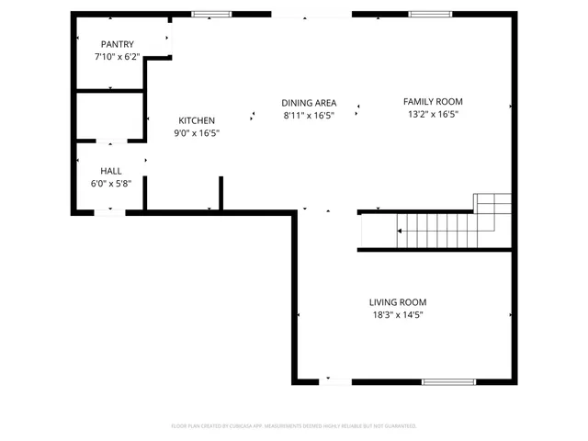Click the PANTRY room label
pyautogui.click(x=117, y=44)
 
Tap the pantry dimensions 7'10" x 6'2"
pyautogui.click(x=117, y=56)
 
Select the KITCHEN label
pyautogui.click(x=197, y=120)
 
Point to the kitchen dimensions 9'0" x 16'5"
pyautogui.click(x=197, y=133)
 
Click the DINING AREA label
pyautogui.click(x=309, y=102)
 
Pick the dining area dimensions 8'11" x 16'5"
pyautogui.click(x=309, y=115)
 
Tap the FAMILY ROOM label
pyautogui.click(x=433, y=102)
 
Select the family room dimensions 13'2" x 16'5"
pyautogui.click(x=433, y=115)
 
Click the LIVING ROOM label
pyautogui.click(x=398, y=302)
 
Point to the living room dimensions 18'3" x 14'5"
pyautogui.click(x=398, y=315)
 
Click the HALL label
pyautogui.click(x=111, y=171)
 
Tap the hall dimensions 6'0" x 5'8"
pyautogui.click(x=111, y=183)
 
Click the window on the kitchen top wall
pyautogui.click(x=211, y=14)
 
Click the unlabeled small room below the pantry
pyautogui.click(x=108, y=116)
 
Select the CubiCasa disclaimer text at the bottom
pyautogui.click(x=294, y=426)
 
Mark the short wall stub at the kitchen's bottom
pyautogui.click(x=220, y=194)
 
